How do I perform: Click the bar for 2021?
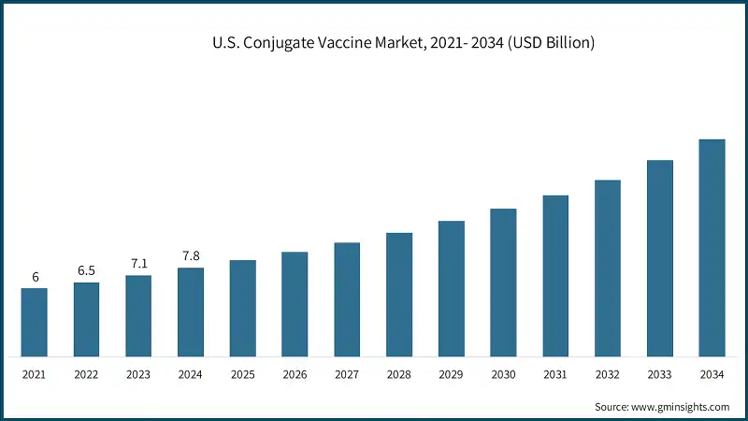click(x=35, y=322)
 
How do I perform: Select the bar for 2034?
click(x=712, y=248)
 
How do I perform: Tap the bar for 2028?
click(x=399, y=295)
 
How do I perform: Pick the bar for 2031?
click(x=555, y=276)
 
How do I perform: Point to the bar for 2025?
click(x=243, y=308)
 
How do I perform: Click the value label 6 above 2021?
click(x=35, y=277)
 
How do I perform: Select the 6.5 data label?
click(x=86, y=270)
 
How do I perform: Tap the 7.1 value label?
click(x=138, y=264)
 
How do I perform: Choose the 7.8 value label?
click(x=191, y=255)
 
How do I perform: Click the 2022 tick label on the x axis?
click(x=86, y=374)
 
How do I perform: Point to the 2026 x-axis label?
click(x=295, y=374)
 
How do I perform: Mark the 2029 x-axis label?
click(x=452, y=374)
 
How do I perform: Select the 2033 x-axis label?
click(x=660, y=374)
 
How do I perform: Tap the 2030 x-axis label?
click(x=503, y=374)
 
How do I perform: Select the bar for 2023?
click(x=138, y=315)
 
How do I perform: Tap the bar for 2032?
click(x=608, y=268)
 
